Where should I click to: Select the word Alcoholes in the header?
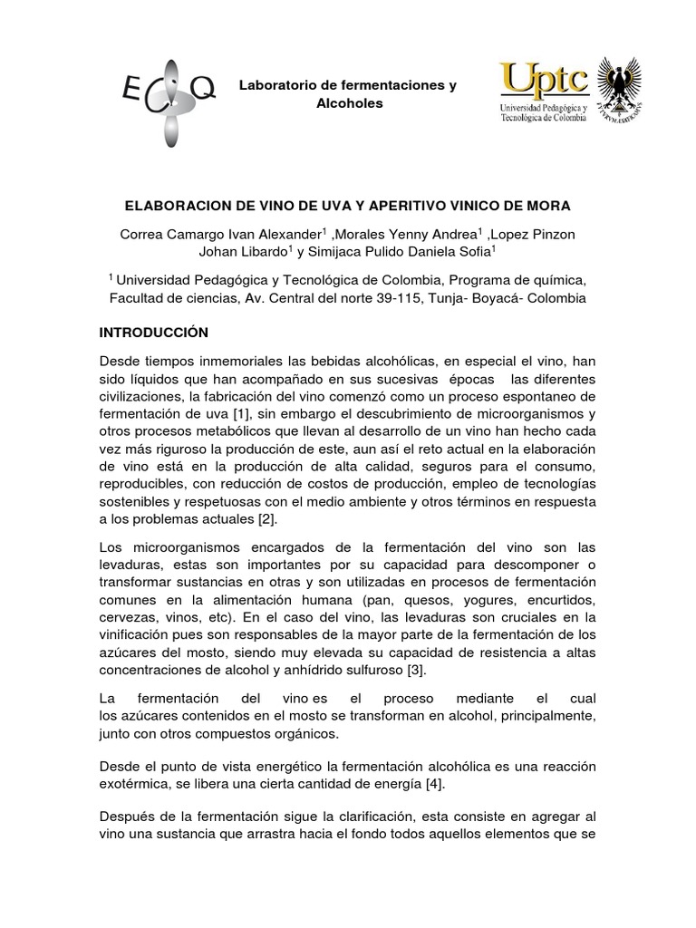pyautogui.click(x=348, y=103)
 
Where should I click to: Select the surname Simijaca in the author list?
pyautogui.click(x=341, y=252)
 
